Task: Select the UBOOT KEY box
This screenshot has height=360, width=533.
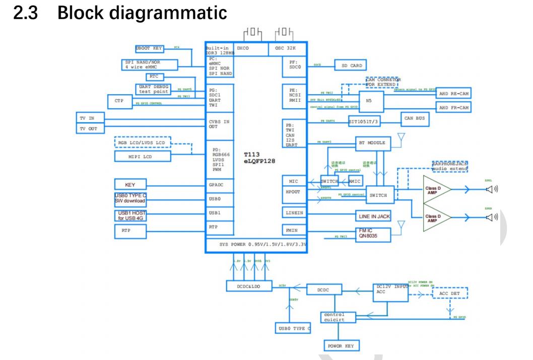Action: [149, 49]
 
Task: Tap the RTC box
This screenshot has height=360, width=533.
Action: [154, 77]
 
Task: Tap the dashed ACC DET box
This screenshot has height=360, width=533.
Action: [449, 293]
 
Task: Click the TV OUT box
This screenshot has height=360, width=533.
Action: [89, 129]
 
